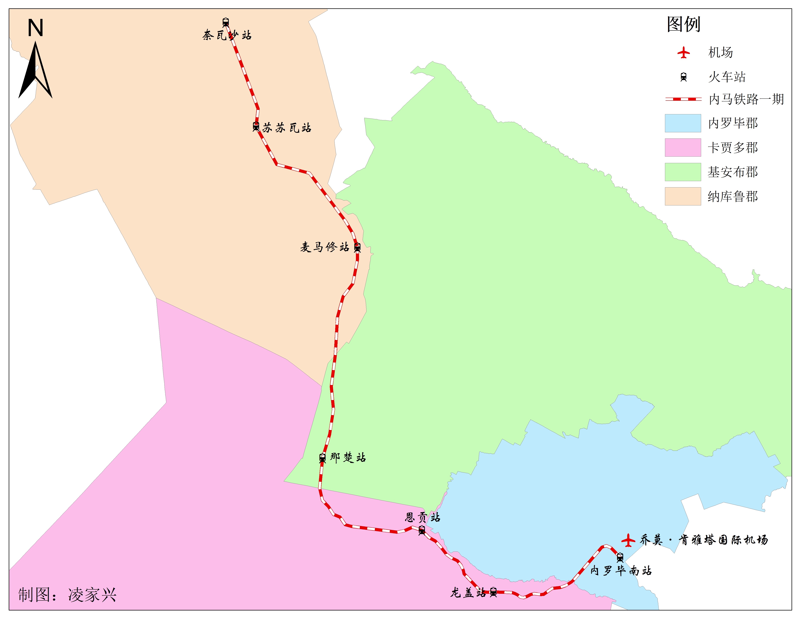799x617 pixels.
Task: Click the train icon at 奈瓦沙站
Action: pos(226,22)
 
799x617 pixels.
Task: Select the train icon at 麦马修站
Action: pos(357,248)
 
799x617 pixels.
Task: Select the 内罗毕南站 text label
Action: pos(621,571)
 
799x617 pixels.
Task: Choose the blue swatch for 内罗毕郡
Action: pos(683,123)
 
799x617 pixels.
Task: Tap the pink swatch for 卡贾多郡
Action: pos(683,147)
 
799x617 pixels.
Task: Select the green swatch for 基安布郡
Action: pos(683,172)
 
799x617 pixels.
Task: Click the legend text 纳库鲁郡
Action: pos(732,197)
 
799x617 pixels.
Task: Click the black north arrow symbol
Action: pos(35,71)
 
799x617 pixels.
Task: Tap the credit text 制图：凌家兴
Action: pos(67,595)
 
